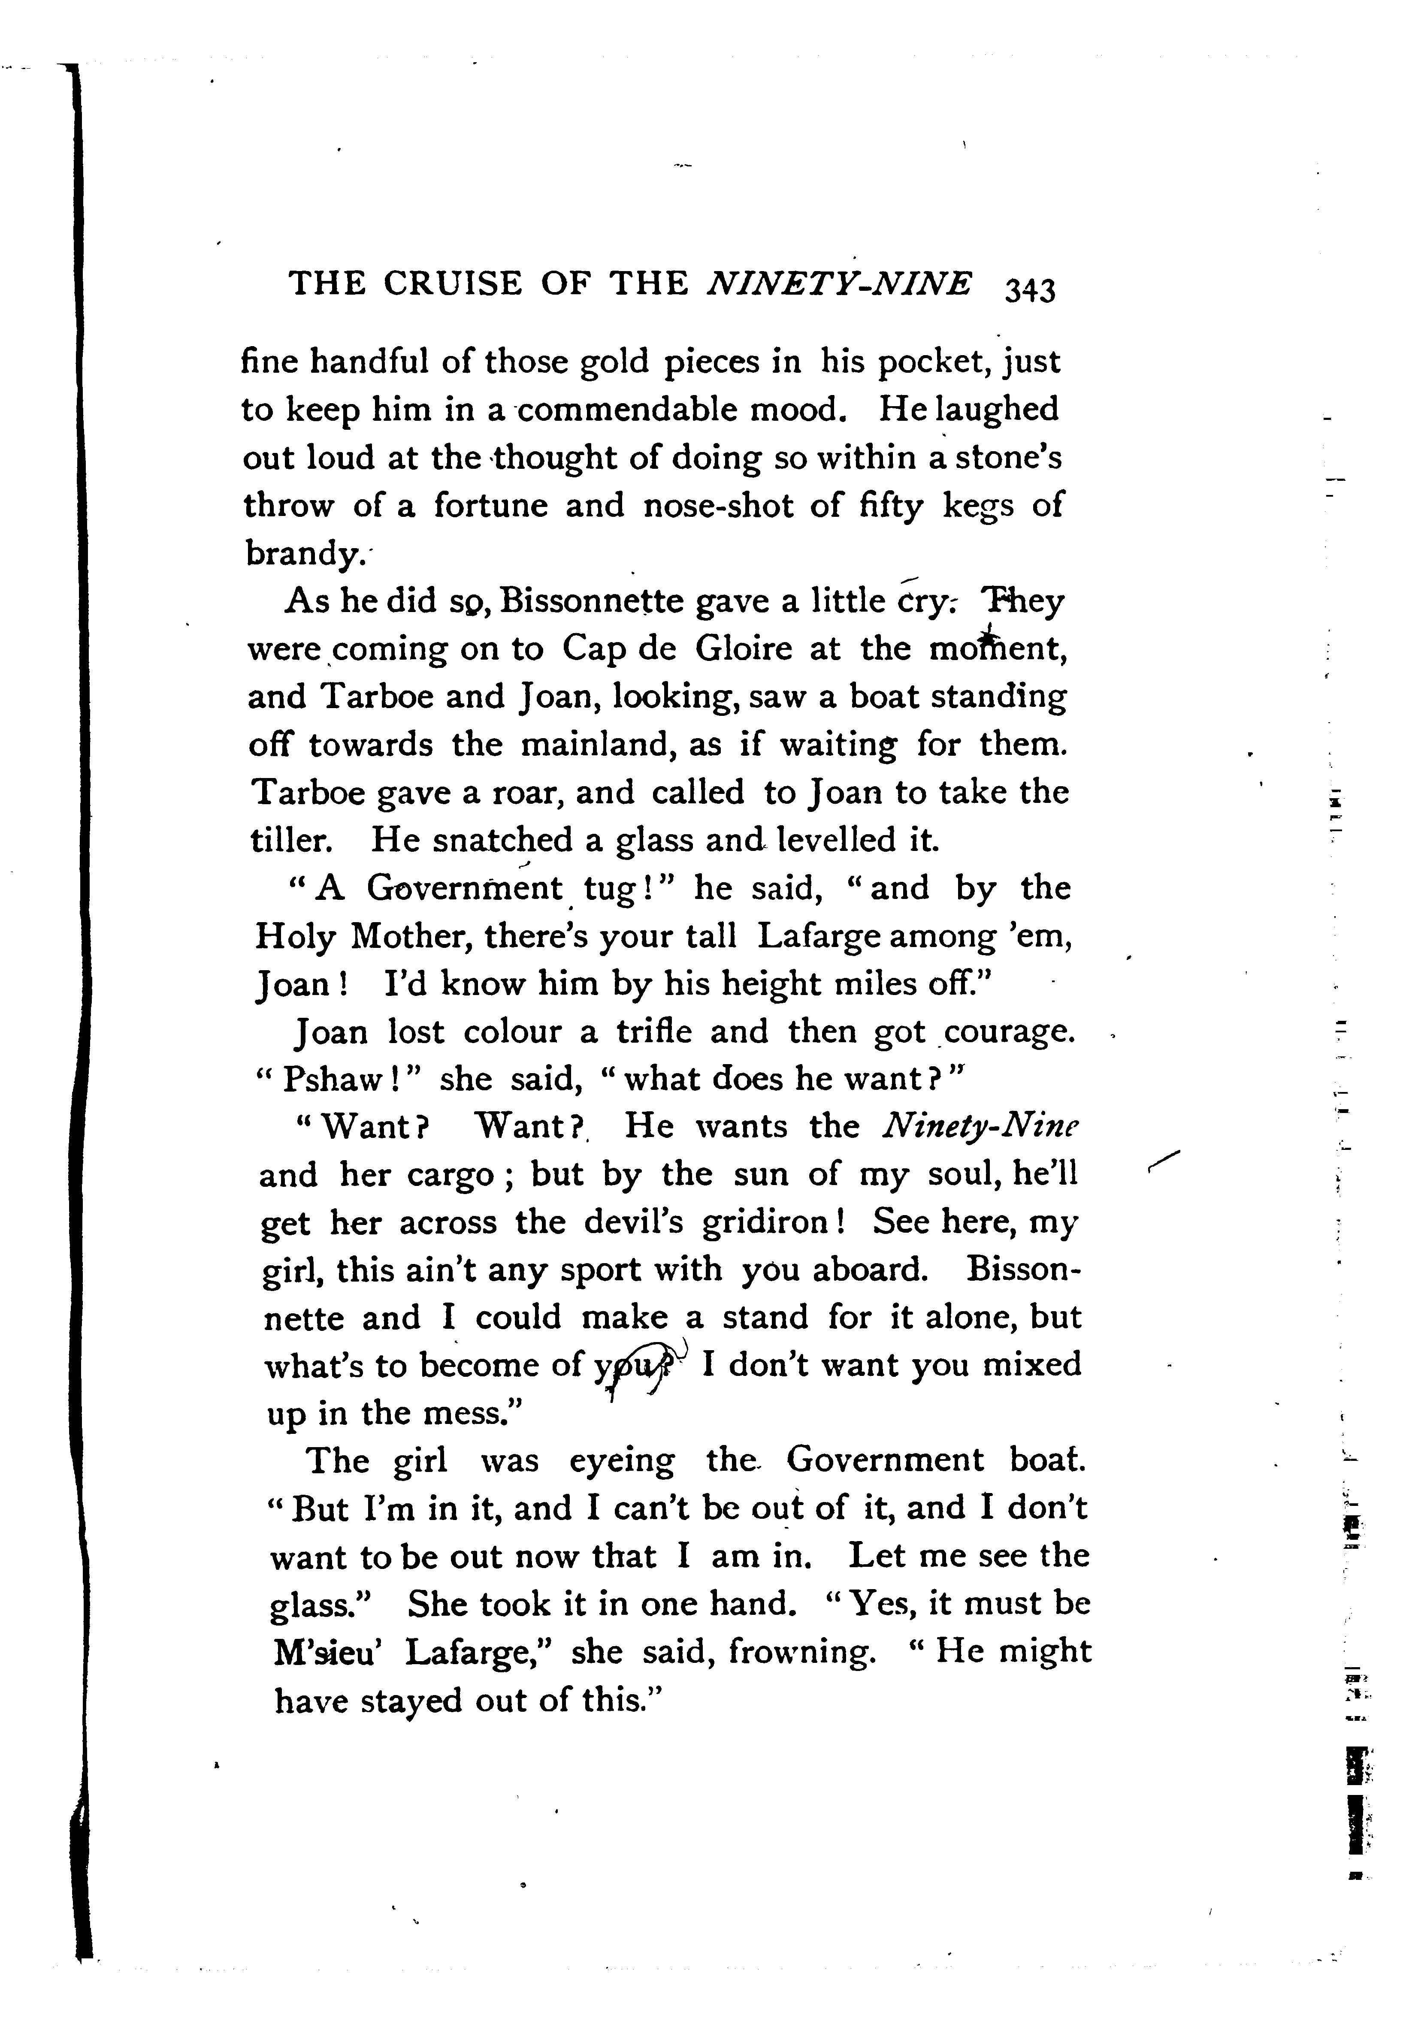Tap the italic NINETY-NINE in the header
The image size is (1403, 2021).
pos(840,284)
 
